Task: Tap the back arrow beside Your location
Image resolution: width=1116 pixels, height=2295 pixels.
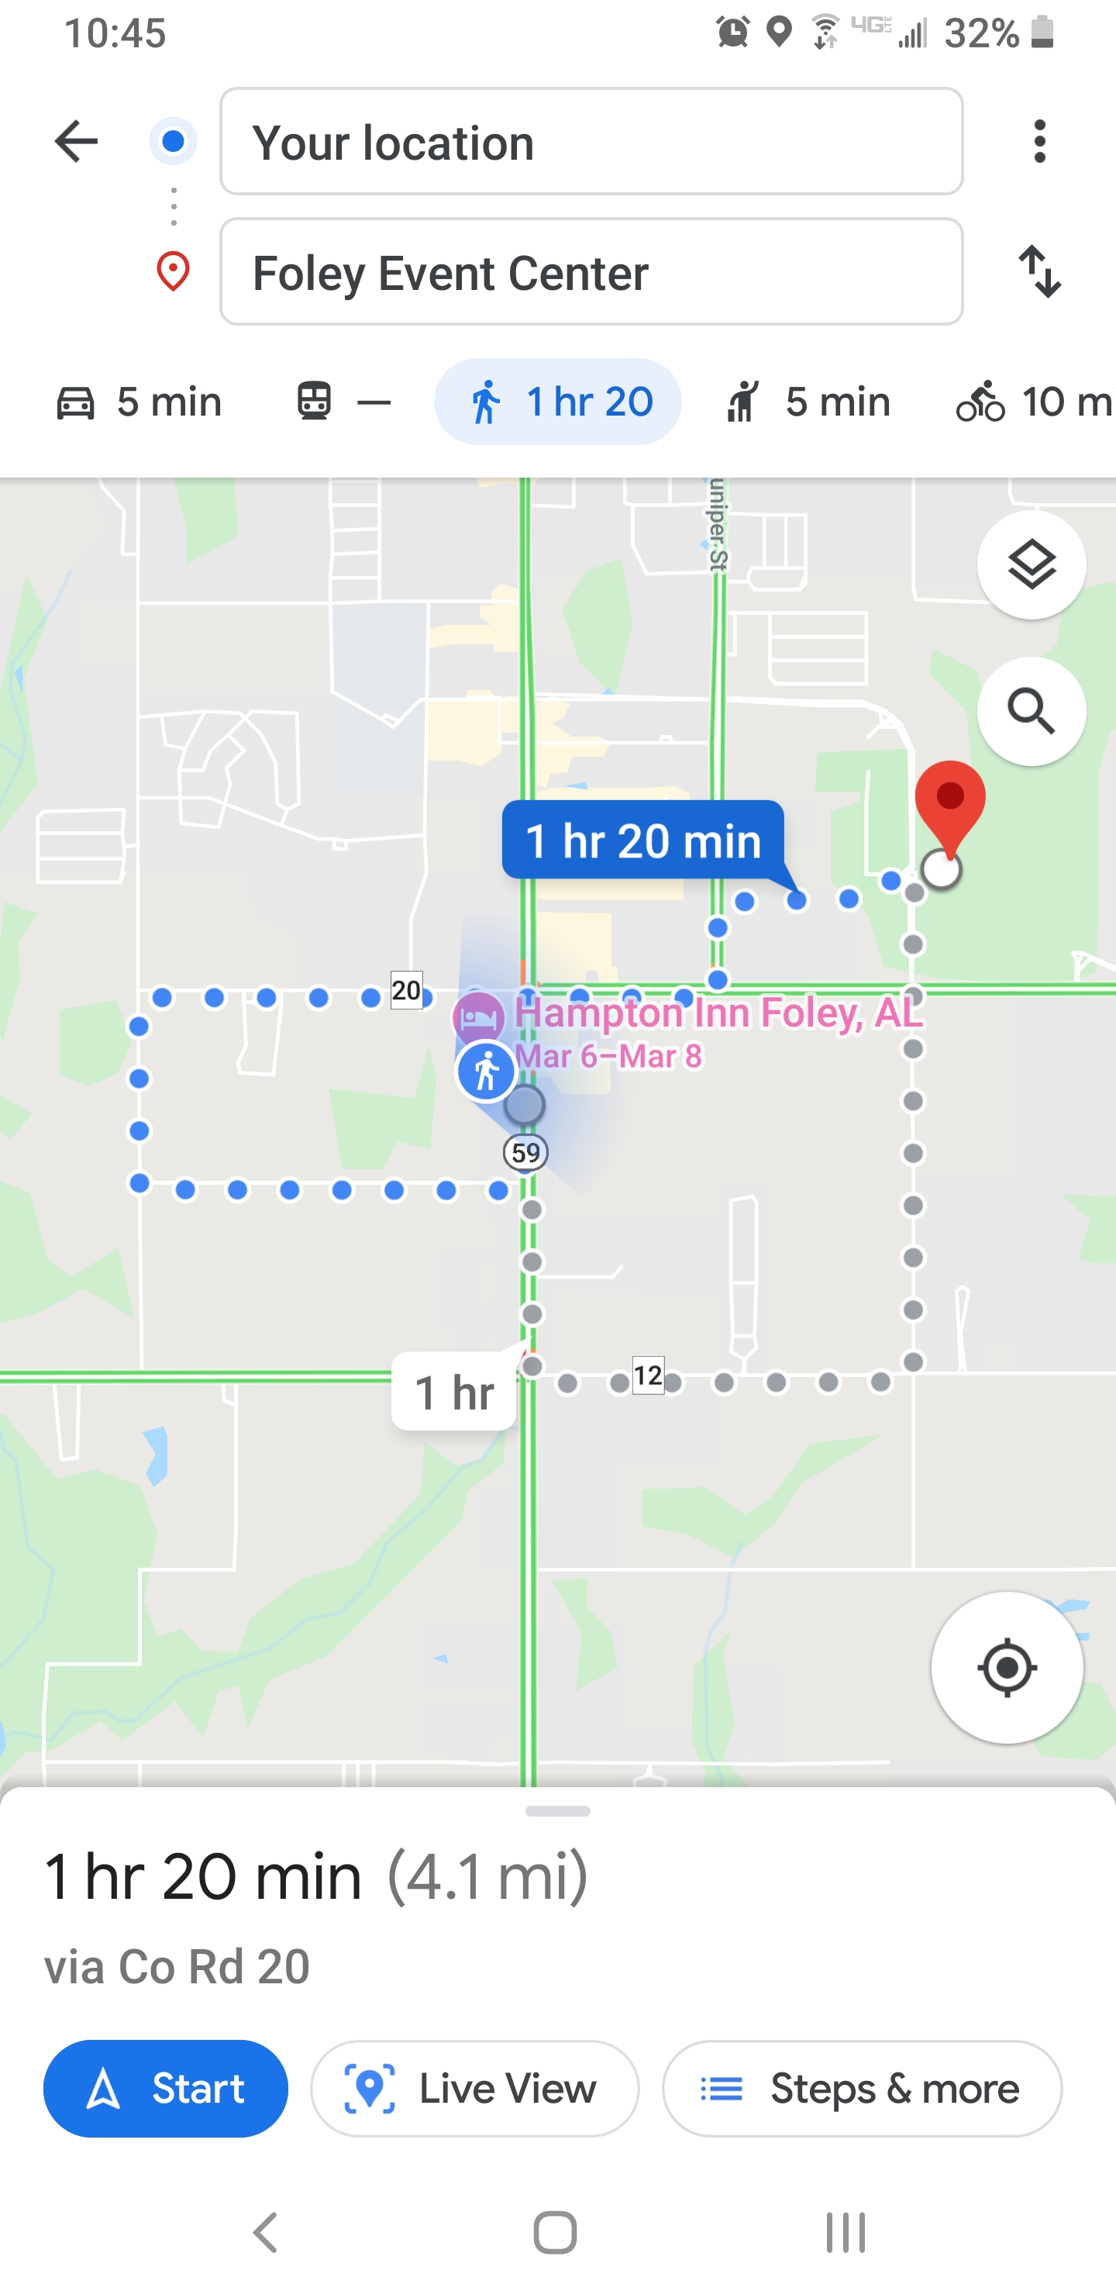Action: pos(77,142)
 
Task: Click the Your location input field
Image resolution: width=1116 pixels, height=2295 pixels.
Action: pos(591,142)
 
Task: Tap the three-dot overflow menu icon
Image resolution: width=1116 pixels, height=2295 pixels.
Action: pos(1038,142)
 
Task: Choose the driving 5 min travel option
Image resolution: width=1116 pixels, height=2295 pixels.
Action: pos(139,402)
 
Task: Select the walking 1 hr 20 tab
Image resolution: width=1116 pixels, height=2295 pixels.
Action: pos(557,402)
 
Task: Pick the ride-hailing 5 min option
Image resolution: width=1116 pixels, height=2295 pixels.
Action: pos(807,402)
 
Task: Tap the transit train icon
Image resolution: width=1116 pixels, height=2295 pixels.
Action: pos(315,401)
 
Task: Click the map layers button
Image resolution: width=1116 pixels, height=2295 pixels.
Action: pos(1031,565)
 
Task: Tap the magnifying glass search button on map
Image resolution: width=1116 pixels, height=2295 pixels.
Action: pos(1031,711)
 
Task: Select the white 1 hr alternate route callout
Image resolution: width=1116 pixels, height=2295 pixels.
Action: pos(454,1392)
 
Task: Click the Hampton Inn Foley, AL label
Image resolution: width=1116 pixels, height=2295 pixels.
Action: pos(717,1013)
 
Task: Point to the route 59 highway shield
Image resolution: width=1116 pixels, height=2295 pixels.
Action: pos(525,1153)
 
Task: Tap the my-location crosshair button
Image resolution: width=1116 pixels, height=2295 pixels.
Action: pos(1007,1667)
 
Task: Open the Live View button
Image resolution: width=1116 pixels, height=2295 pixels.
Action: pos(475,2088)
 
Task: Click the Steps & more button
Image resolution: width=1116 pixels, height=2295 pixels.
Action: pos(861,2088)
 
